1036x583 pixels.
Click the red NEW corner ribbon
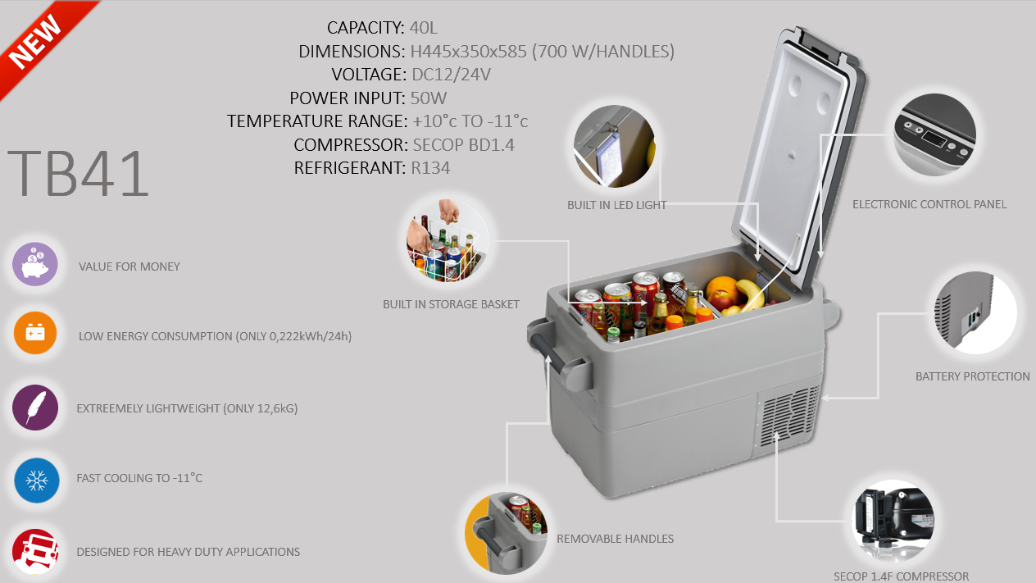coord(39,39)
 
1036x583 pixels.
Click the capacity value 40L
coord(423,28)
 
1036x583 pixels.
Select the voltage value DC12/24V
coord(451,75)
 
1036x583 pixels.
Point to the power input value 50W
coord(429,98)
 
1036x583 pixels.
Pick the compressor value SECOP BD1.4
coord(463,145)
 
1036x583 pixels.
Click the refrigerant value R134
coord(430,168)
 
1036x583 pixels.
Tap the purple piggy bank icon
coord(35,264)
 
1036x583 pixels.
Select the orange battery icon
coord(35,333)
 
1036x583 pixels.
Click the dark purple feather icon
coord(35,408)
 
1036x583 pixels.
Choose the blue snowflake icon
coord(37,481)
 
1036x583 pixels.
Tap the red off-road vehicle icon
coord(35,552)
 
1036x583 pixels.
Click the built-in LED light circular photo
coord(614,146)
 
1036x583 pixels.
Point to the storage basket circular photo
coord(448,240)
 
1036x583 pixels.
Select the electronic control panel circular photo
coord(935,134)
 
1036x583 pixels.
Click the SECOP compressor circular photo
coord(893,521)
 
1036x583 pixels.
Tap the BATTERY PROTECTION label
coord(973,376)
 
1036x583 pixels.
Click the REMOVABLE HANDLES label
coord(615,539)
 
